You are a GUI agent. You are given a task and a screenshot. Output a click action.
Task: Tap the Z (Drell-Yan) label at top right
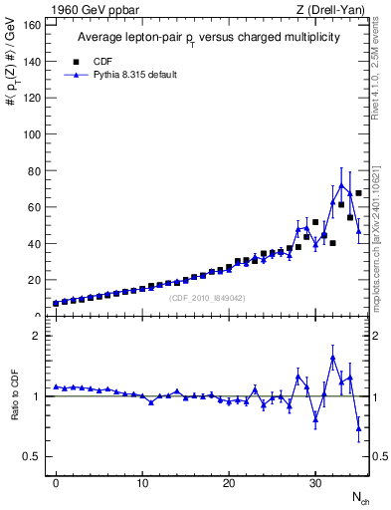point(335,9)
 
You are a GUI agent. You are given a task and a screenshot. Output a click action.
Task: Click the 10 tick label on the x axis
point(142,483)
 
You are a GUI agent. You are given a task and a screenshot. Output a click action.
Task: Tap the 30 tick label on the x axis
point(315,483)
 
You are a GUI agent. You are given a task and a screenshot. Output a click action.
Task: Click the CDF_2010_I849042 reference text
point(207,298)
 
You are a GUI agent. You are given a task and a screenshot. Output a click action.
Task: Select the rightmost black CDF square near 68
point(358,192)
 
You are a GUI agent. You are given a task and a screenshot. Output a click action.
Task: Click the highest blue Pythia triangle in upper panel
point(341,185)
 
